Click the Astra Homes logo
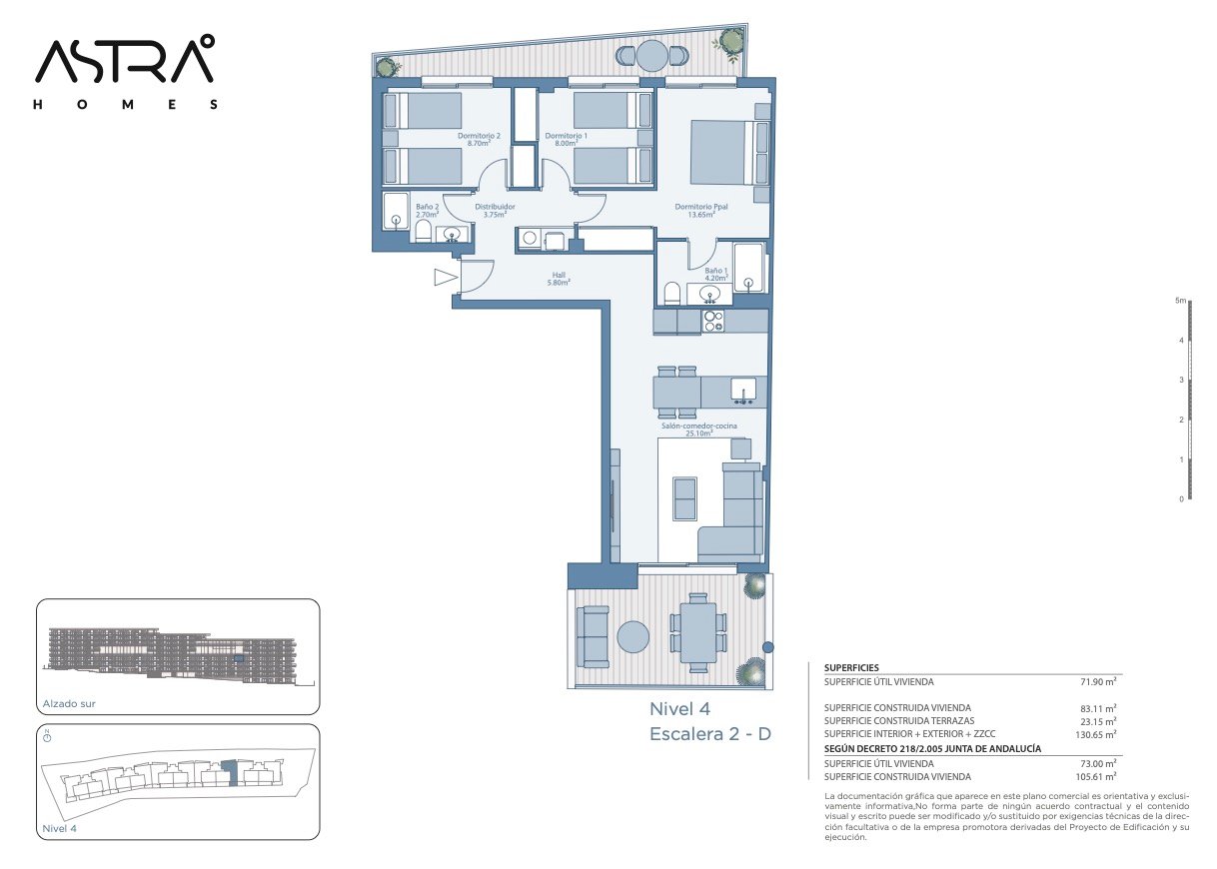126,72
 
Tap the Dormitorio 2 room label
479,140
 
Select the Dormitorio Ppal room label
700,210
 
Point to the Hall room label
559,279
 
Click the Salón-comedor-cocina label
698,430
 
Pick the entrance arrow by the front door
446,278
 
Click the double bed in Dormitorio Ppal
723,153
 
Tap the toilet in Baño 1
672,294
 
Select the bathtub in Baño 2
396,211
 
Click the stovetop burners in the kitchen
712,321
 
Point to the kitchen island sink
742,391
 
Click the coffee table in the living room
684,498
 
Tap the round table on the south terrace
632,637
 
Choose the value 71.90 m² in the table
1098,681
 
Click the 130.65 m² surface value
1096,734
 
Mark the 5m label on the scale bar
1181,301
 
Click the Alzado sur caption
69,703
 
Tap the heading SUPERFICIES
851,668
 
